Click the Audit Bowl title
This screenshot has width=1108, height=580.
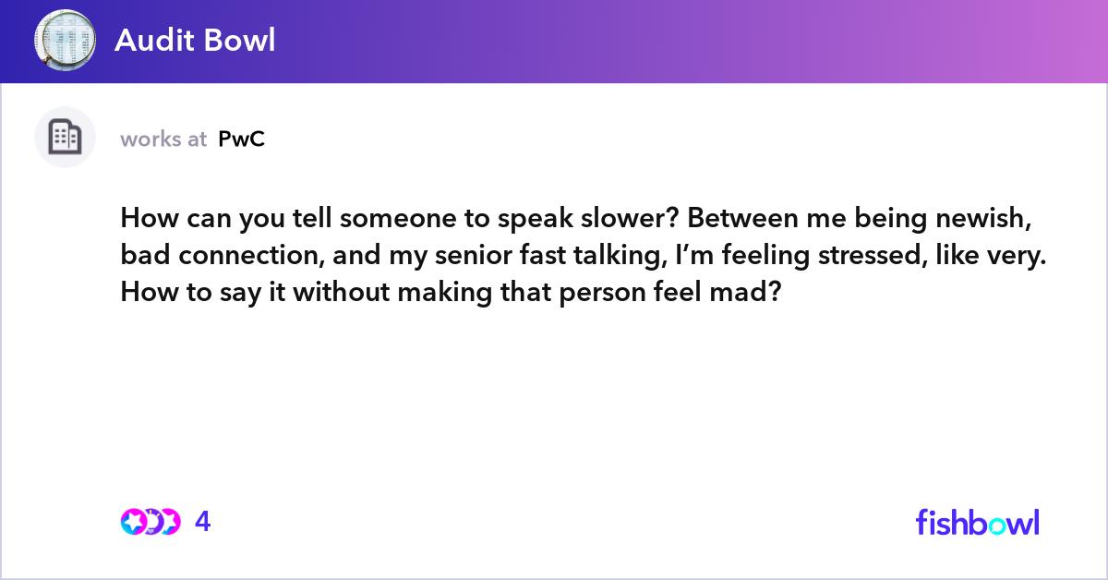click(195, 40)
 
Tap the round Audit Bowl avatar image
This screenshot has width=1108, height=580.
click(65, 40)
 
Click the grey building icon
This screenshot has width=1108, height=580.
click(65, 137)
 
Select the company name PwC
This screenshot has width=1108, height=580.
click(241, 139)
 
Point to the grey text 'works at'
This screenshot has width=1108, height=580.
click(163, 139)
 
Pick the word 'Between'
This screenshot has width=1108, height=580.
click(742, 218)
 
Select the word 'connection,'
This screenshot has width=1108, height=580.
click(252, 255)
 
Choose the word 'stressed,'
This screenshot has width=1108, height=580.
click(873, 255)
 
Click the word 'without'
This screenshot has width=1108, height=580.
click(342, 292)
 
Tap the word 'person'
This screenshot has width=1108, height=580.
click(602, 293)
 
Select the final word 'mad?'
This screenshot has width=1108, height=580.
click(745, 292)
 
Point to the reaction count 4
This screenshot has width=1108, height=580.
click(203, 522)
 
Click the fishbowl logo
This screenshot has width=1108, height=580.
click(978, 523)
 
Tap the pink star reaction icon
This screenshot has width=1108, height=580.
click(133, 522)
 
